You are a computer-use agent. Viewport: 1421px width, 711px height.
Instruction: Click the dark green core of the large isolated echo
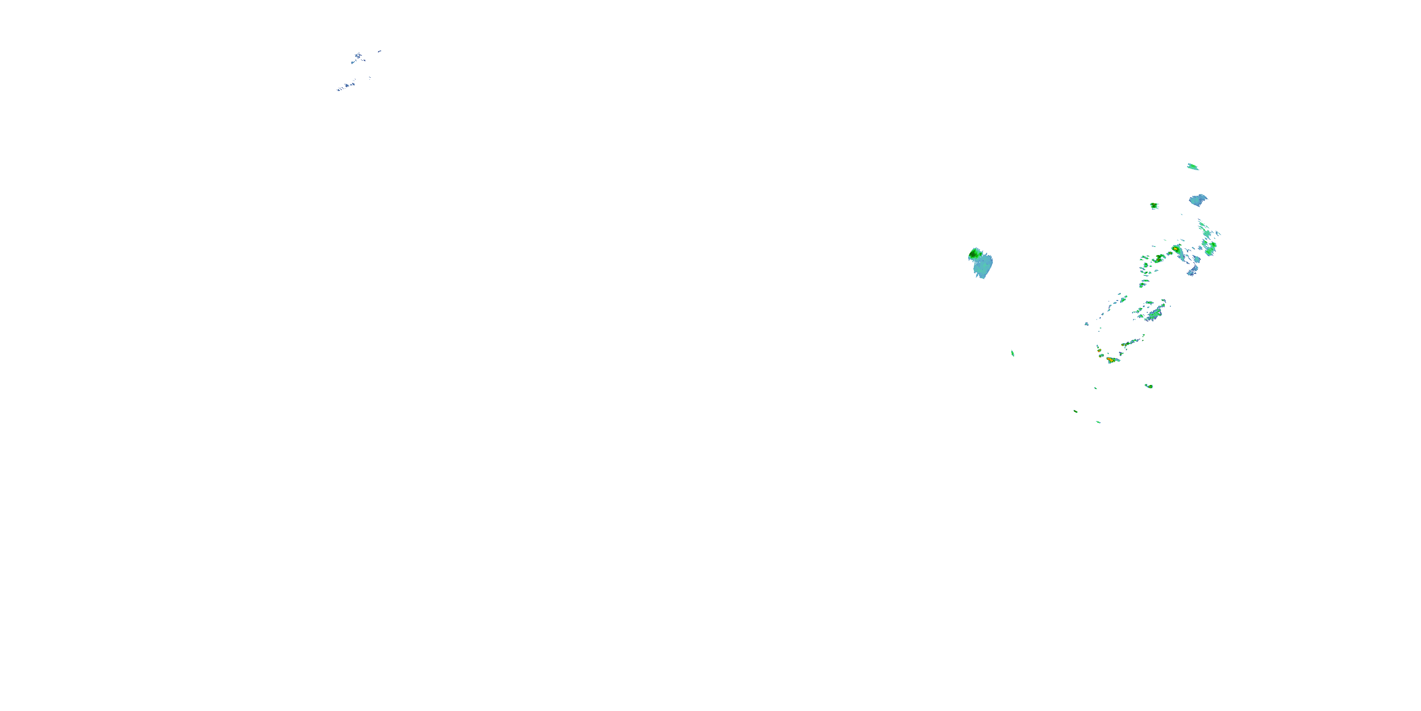click(x=975, y=254)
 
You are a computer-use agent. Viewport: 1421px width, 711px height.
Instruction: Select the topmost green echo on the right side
click(x=1193, y=166)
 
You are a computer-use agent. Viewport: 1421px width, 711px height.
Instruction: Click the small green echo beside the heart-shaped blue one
click(x=1154, y=206)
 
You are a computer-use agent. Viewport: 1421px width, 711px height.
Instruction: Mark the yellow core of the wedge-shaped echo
click(x=1176, y=249)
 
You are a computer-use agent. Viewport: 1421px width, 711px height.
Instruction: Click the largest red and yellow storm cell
click(x=1110, y=360)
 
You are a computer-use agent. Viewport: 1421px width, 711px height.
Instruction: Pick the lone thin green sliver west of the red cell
click(x=1012, y=353)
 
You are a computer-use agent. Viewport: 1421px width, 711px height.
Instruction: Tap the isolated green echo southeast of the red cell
click(x=1149, y=386)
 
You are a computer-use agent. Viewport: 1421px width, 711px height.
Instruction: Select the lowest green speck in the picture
click(x=1098, y=422)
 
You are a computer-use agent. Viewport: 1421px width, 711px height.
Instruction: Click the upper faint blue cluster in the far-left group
click(x=358, y=56)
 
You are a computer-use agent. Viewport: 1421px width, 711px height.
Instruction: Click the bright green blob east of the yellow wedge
click(x=1210, y=247)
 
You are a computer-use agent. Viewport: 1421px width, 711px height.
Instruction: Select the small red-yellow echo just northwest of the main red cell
click(x=1099, y=350)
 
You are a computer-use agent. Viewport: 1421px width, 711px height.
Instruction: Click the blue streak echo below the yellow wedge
click(x=1193, y=271)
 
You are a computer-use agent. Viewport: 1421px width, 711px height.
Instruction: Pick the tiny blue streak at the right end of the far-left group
click(x=379, y=51)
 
